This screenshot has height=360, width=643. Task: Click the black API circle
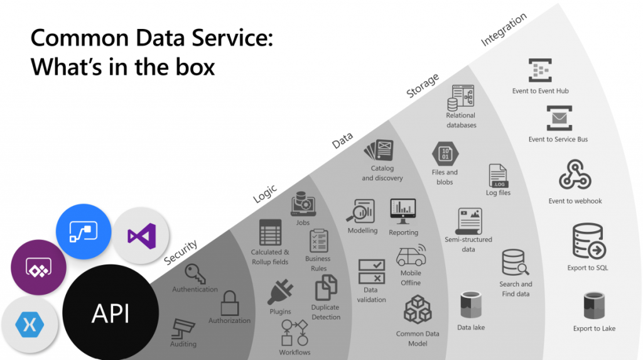pos(111,313)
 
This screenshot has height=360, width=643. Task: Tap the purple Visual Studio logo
pos(142,236)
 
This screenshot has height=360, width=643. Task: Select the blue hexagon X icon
pos(30,324)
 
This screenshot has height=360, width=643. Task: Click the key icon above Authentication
pos(195,273)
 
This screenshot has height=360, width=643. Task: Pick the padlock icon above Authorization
pos(230,303)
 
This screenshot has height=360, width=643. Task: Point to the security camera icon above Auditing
pos(183,329)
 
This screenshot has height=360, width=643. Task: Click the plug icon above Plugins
pos(281,292)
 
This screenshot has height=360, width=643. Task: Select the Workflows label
pos(295,352)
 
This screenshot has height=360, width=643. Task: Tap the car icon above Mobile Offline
pos(411,255)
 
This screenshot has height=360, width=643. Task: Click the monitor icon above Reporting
pos(403,211)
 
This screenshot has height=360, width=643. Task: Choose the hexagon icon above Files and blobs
pos(445,154)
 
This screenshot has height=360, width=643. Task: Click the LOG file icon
pos(498,176)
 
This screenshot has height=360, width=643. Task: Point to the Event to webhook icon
pos(575,175)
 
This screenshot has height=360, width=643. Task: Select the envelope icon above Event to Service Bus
pos(559,118)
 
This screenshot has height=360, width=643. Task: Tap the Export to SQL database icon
pos(589,241)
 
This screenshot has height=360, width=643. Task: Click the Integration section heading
pos(504,29)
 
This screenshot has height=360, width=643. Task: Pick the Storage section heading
pos(423,85)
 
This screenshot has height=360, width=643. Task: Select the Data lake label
pos(471,327)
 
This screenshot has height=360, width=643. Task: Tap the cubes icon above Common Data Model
pos(418,310)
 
